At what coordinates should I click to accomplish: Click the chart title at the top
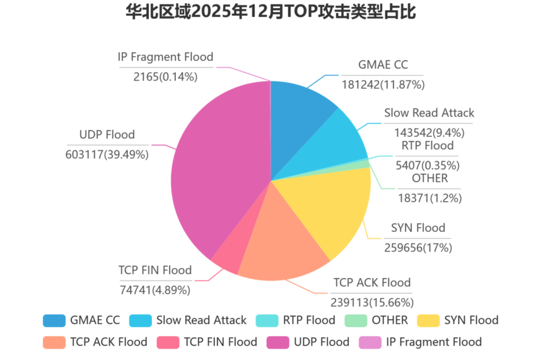[271, 12]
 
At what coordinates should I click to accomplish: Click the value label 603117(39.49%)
[107, 154]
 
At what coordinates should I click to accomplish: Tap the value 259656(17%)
[418, 248]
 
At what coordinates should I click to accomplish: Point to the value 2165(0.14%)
[165, 77]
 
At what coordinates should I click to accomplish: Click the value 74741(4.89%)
[155, 290]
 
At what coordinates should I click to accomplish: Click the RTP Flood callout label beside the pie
[428, 146]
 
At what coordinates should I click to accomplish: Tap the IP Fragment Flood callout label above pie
[165, 57]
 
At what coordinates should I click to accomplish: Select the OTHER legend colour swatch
[357, 320]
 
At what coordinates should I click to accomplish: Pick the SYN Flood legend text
[471, 320]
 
